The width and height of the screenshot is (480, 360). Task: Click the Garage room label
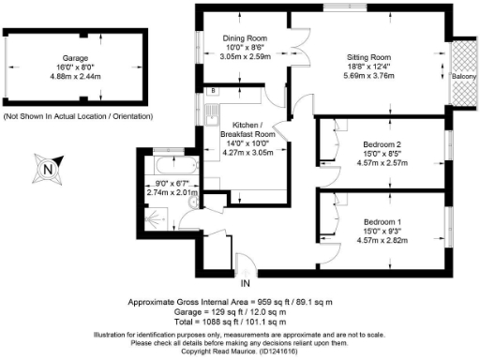63,57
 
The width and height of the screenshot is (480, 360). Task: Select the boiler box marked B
214,92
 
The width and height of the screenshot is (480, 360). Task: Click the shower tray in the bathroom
150,211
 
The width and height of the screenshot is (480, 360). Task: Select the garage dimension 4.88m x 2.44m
63,76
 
